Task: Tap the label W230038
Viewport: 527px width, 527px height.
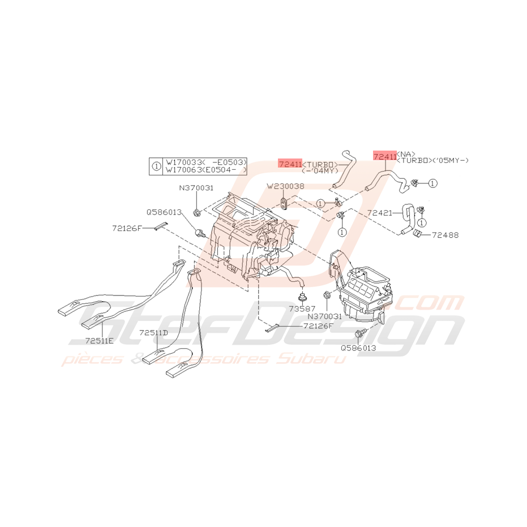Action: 285,186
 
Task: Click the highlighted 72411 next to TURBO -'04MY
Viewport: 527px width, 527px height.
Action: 290,163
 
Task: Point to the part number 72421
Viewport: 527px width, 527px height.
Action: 380,213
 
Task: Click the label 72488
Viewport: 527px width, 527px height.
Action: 445,234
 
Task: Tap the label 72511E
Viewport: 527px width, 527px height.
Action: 100,341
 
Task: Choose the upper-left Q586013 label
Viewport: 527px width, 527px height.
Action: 164,212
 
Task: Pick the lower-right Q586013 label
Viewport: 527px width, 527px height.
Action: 358,348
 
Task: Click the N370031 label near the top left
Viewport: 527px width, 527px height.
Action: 196,188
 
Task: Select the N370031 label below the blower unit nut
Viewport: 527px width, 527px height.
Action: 325,317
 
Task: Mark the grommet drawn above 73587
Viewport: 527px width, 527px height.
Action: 301,296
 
